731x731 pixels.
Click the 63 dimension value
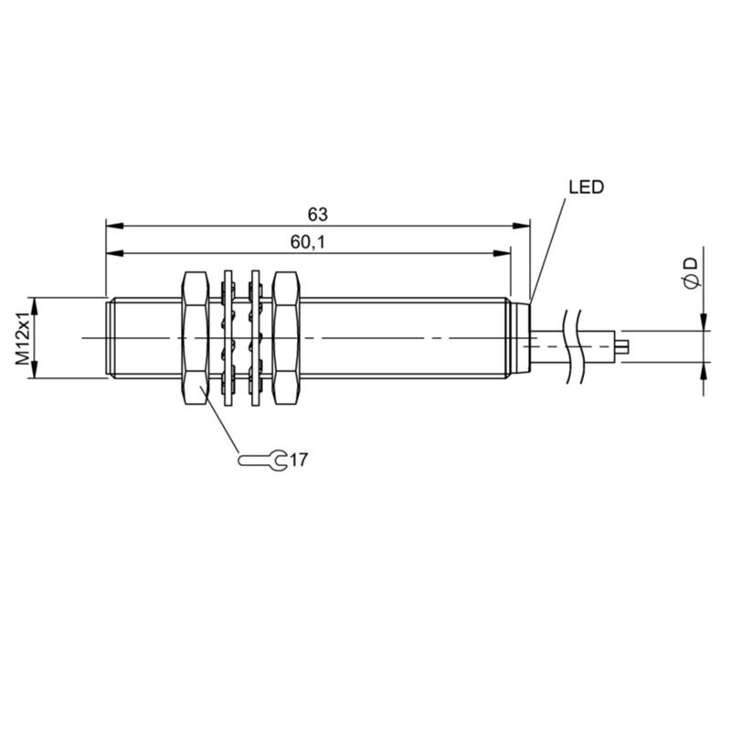317,215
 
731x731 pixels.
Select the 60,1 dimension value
308,242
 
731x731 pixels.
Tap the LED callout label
586,187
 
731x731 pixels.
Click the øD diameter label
692,272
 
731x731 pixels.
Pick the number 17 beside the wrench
299,461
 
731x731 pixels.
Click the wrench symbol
262,461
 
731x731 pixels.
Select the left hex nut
196,338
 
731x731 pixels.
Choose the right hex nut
285,338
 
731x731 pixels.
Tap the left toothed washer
228,338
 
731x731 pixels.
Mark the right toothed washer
255,338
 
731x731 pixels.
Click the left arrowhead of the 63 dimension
115,226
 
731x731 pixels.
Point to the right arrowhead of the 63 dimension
521,226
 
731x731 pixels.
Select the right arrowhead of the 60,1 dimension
502,253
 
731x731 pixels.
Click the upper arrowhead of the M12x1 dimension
34,307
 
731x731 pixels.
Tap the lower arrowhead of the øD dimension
704,371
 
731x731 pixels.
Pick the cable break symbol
573,346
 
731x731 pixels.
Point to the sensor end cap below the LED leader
521,338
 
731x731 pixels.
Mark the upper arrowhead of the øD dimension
704,323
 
